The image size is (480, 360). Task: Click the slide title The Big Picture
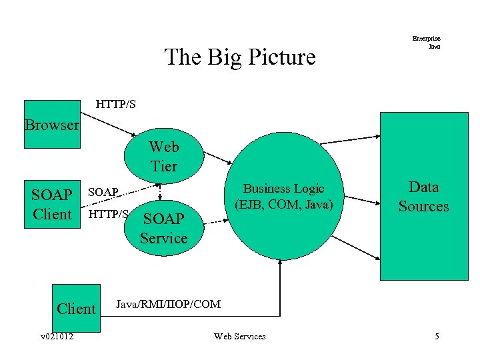coord(239,57)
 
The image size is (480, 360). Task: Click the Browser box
coord(51,124)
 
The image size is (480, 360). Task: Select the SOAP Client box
coord(51,204)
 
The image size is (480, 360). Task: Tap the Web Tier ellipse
coord(163,157)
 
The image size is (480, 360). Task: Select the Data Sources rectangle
coord(423,196)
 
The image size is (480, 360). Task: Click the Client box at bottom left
coord(75,309)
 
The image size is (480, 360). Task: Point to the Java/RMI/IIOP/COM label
coord(168,304)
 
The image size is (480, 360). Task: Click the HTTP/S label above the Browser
coord(116,104)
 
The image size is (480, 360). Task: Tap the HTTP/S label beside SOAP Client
coord(108,214)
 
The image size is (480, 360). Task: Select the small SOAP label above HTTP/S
coord(103,192)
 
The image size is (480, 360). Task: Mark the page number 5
coord(437,337)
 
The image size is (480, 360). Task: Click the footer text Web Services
coord(239,337)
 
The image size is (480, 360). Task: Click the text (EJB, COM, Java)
coord(283,205)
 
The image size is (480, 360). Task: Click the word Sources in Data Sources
coord(423,206)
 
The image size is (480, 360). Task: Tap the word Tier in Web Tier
coord(163,166)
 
